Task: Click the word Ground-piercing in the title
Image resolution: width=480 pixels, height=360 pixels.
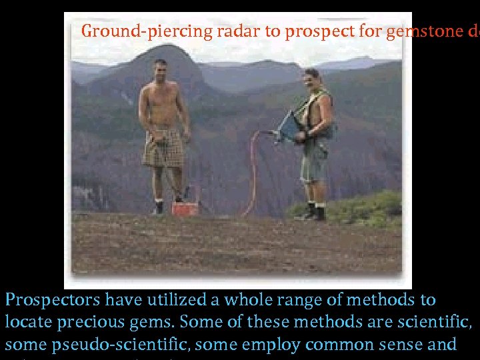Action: [x=125, y=31]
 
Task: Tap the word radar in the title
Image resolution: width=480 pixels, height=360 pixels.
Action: [x=195, y=31]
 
